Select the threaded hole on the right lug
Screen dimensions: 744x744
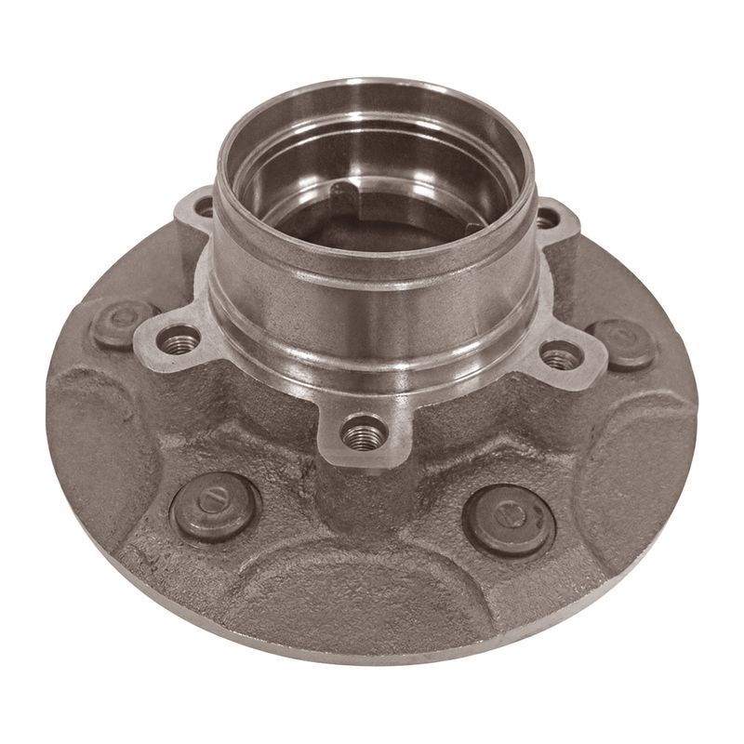pyautogui.click(x=557, y=353)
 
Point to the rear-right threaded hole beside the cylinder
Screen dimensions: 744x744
pyautogui.click(x=550, y=219)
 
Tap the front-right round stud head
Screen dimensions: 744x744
pyautogui.click(x=507, y=514)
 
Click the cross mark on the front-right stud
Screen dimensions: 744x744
pyautogui.click(x=507, y=514)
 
